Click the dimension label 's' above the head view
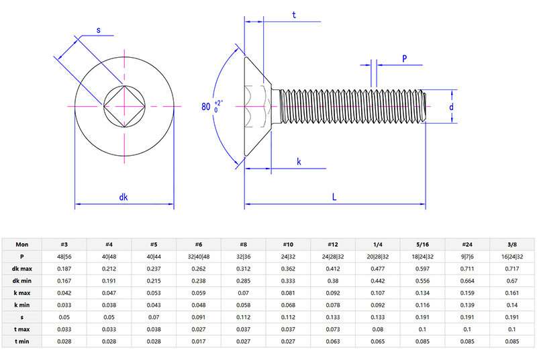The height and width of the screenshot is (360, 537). coord(99,30)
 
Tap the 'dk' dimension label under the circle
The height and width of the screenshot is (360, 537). coord(124,197)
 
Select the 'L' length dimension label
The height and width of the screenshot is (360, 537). coord(334,197)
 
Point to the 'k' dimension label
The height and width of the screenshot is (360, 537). coord(299,162)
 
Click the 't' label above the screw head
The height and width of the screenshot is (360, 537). coord(295,15)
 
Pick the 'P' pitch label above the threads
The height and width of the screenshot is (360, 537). coord(405,58)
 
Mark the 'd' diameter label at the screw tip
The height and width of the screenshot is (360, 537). coord(452,107)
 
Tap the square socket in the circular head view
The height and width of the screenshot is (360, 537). coord(124,106)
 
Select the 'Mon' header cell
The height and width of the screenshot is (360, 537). coord(22,244)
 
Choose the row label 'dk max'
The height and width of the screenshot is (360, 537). coord(22,269)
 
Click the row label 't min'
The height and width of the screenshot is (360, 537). coord(22,341)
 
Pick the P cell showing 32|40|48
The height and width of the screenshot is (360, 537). coord(199,257)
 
